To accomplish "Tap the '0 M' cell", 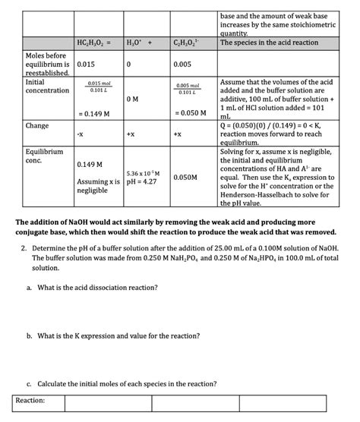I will pos(131,99).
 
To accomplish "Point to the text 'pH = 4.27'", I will pos(141,182).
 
